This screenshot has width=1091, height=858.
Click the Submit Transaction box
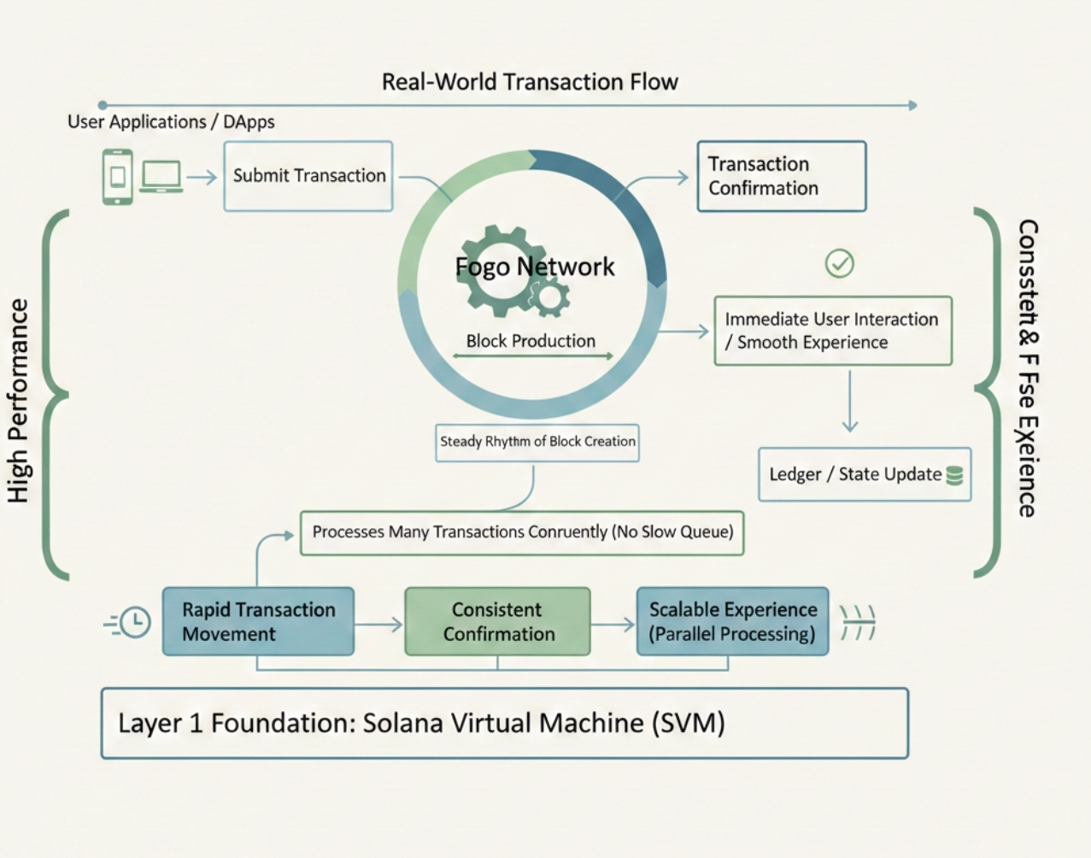(308, 176)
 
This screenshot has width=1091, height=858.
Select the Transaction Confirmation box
(781, 176)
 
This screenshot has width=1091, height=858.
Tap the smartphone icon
(118, 177)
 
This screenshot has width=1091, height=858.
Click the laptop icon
(161, 177)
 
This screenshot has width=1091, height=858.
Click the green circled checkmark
(839, 263)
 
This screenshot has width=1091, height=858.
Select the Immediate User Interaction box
(832, 331)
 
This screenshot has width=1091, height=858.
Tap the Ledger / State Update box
(864, 474)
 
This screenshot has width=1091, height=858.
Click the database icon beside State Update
(954, 475)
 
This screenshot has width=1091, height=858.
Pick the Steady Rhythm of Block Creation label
(537, 442)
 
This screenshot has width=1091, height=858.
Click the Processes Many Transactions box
(522, 532)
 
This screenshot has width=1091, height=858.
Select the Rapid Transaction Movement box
(258, 621)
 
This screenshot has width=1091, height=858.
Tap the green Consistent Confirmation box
(497, 621)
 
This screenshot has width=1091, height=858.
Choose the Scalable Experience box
(732, 621)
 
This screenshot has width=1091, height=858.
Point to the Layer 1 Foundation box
(504, 723)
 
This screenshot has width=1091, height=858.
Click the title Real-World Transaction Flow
(530, 82)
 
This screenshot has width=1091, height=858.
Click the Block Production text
(531, 341)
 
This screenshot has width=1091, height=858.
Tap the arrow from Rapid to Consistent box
(378, 625)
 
